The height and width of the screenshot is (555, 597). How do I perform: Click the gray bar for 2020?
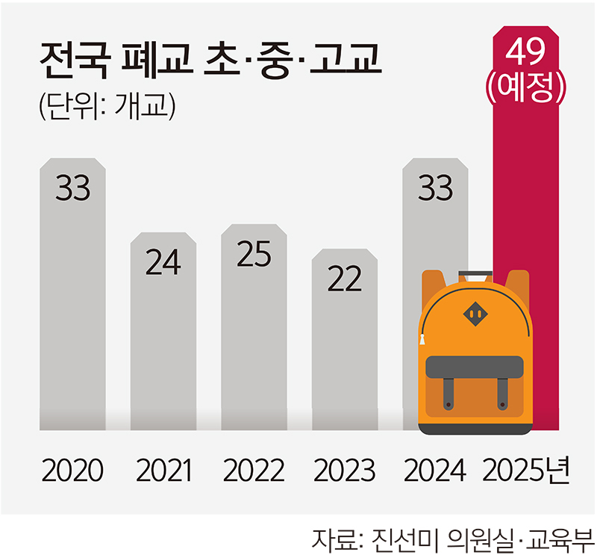click(x=72, y=314)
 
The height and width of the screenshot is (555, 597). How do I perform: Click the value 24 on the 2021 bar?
click(x=163, y=263)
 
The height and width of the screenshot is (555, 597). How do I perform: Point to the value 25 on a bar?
click(x=254, y=254)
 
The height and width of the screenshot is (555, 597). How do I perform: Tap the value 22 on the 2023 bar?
click(x=344, y=279)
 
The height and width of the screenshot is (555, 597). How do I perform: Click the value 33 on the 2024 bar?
click(x=435, y=188)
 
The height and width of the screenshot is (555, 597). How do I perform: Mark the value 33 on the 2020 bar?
click(x=72, y=188)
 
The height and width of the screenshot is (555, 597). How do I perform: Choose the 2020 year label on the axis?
click(x=72, y=471)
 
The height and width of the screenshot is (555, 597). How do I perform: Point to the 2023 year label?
click(x=344, y=471)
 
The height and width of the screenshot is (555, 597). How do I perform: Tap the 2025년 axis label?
click(x=527, y=471)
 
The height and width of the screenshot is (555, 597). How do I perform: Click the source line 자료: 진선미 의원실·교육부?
click(x=453, y=537)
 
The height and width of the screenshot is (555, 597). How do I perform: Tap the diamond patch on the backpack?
click(x=475, y=314)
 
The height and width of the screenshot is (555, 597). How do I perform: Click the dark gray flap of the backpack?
click(x=475, y=366)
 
